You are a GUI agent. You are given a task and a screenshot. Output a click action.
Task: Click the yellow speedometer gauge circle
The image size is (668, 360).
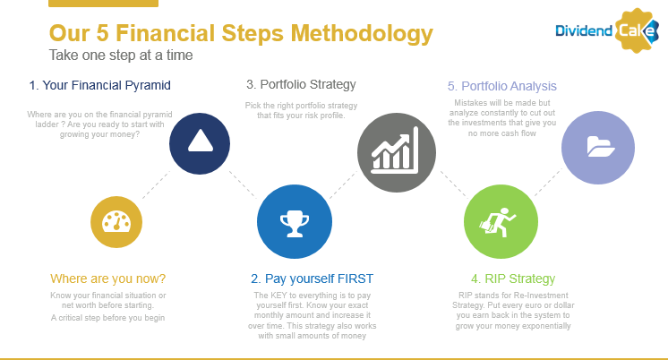tap(116, 222)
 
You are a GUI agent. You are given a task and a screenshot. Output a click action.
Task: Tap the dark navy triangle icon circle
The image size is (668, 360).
tap(200, 143)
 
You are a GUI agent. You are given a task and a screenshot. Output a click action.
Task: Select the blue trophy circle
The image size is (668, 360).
tap(295, 221)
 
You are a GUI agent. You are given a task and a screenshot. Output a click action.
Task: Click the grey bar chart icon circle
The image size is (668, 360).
tap(397, 152)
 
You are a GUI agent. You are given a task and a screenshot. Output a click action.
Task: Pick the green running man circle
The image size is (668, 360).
tap(501, 221)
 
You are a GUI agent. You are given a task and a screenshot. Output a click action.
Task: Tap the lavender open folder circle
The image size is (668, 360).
tap(598, 148)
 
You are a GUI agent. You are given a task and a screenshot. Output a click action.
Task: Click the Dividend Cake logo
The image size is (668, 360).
tap(607, 30)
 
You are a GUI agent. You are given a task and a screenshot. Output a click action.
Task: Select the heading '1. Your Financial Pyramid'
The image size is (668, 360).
tap(99, 85)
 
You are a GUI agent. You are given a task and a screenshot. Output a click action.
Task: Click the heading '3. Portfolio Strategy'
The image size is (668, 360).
tap(301, 84)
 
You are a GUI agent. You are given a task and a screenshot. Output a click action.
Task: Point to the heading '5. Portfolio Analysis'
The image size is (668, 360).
tap(501, 86)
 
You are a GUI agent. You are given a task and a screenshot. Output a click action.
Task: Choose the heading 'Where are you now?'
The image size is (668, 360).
tap(107, 279)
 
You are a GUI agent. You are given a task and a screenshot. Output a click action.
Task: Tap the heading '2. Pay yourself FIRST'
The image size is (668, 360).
tap(312, 279)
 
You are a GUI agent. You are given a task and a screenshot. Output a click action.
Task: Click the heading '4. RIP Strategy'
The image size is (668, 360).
tap(513, 279)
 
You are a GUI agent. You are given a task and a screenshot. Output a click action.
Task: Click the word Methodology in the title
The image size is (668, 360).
tap(362, 34)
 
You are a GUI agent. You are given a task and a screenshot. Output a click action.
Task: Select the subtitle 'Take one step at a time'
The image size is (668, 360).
tap(121, 55)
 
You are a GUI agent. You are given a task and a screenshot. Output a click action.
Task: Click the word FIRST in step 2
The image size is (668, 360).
tap(355, 279)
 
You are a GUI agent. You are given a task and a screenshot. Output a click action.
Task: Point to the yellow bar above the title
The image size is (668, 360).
tap(104, 4)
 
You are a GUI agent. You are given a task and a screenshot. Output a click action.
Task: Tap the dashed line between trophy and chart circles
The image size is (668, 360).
tap(343, 184)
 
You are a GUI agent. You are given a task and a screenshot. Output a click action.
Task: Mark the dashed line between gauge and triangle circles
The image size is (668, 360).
tap(156, 184)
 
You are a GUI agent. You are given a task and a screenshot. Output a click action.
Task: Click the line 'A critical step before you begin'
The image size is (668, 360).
tap(107, 318)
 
